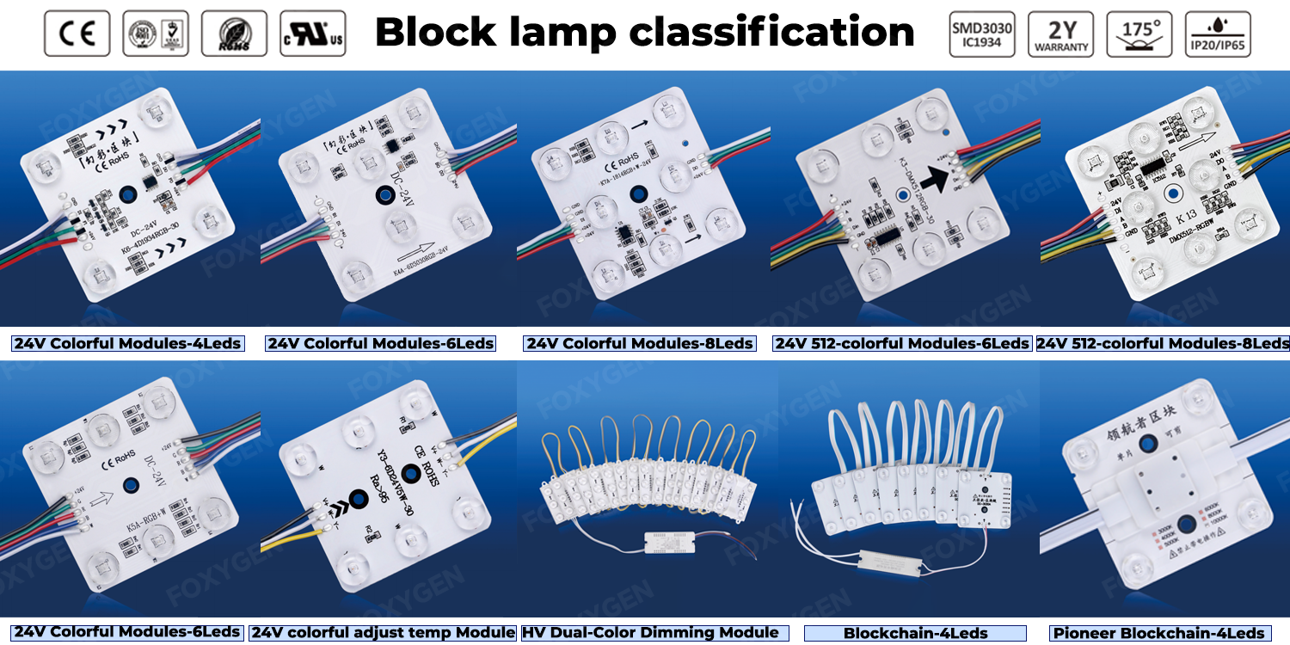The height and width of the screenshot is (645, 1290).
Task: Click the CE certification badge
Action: click(77, 34)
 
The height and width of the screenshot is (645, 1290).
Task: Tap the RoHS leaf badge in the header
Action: click(234, 34)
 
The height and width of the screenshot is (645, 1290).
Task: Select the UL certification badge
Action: click(313, 34)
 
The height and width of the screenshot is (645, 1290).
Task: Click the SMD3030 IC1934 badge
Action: click(982, 34)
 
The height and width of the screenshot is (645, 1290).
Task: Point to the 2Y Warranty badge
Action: click(1060, 34)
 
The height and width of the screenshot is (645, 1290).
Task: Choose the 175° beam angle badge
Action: click(1139, 34)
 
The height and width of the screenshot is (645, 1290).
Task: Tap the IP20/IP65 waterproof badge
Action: click(1218, 34)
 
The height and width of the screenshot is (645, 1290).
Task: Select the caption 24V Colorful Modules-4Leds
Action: click(127, 344)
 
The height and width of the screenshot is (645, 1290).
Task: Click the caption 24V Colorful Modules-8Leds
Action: click(640, 344)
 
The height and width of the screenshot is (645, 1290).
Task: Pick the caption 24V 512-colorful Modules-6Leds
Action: click(901, 344)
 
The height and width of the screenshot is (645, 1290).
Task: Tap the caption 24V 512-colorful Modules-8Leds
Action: click(1163, 344)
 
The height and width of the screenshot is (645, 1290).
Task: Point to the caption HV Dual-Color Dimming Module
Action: click(650, 633)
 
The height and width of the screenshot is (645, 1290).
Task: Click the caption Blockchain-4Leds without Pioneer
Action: click(915, 634)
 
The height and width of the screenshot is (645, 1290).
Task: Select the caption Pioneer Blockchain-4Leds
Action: click(1160, 634)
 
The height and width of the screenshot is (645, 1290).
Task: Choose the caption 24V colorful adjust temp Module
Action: click(384, 633)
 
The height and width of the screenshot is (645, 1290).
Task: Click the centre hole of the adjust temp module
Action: click(410, 474)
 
